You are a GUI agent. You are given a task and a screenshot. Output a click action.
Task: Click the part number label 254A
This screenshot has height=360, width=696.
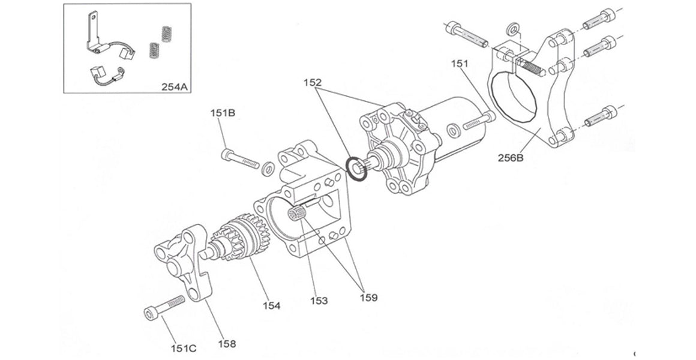[x=175, y=86]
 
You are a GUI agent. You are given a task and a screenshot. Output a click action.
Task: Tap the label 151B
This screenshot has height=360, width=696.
[x=222, y=113]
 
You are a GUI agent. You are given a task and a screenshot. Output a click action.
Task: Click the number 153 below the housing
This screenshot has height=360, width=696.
[x=319, y=301]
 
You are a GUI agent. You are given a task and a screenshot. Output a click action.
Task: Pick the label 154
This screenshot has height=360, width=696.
[x=271, y=306]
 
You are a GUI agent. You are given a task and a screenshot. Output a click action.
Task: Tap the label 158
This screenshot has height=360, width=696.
[x=226, y=344]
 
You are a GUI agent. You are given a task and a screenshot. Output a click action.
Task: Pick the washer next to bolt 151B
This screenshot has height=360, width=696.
[x=269, y=169]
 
